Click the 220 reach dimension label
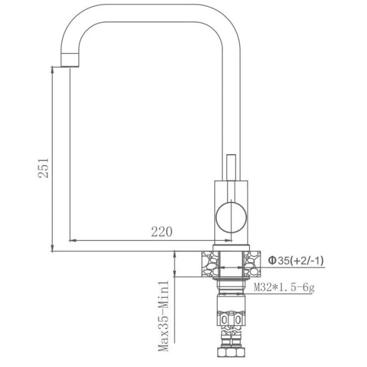pos(161,231)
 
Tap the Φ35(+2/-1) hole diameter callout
pos(295,261)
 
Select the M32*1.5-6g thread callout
pos(284,288)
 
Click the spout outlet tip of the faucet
pos(71,62)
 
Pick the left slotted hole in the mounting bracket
pos(224,321)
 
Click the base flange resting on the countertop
pos(230,247)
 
